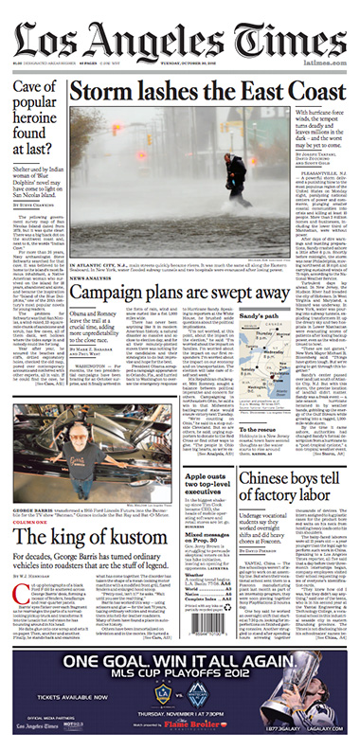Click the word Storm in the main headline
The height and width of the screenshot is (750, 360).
click(121, 92)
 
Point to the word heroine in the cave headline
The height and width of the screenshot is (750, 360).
click(36, 122)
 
